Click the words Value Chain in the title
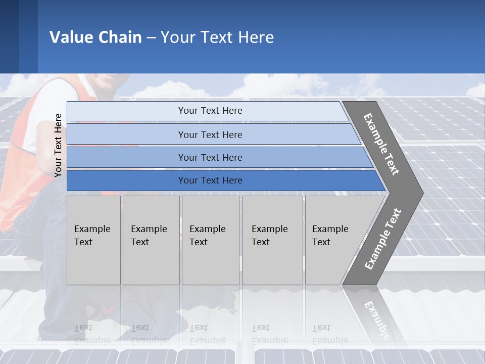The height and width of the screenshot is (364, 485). point(95,37)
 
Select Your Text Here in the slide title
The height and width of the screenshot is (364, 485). point(217,37)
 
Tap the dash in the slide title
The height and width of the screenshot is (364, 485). point(151,38)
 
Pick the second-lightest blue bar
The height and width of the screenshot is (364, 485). point(210,134)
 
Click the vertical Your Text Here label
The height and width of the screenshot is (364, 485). point(58,145)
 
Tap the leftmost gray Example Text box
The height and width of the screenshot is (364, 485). point(93,240)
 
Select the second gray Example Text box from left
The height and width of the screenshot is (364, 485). point(151,240)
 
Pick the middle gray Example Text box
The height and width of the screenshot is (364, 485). point(210,240)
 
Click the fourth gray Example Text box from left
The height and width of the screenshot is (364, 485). point(272,240)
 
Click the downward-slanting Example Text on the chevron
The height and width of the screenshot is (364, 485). point(381,144)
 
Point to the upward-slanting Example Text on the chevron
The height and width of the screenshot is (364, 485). point(383,239)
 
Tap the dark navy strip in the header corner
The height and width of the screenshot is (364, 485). point(9,36)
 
